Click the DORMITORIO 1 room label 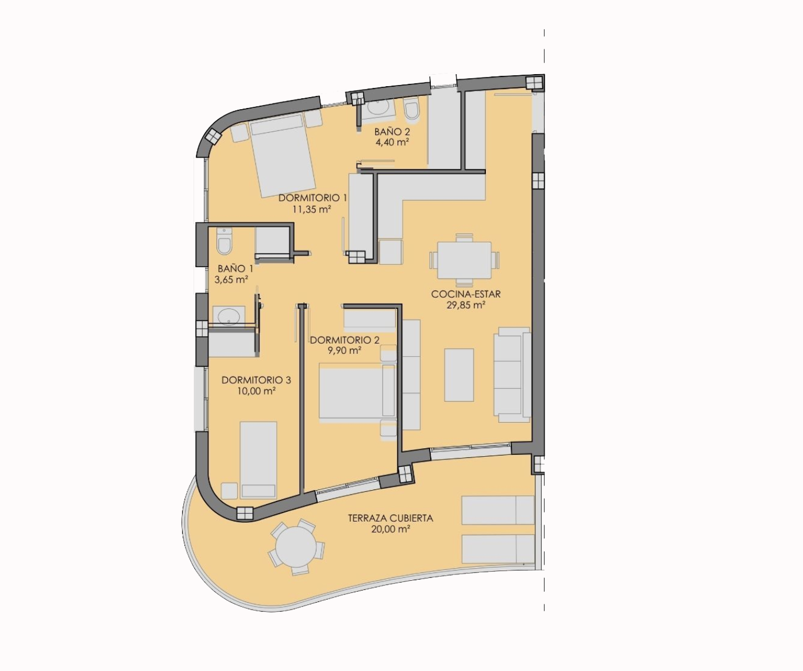tap(312, 198)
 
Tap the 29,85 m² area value tap(465, 305)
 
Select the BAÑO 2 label tap(392, 132)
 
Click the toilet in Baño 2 tap(412, 108)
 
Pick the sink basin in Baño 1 tap(229, 317)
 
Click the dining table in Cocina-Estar tap(464, 260)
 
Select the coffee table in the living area tap(459, 375)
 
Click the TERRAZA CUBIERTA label tap(391, 518)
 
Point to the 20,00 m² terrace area tap(390, 529)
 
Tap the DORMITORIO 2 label tap(345, 340)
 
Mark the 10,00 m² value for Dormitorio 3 tap(257, 391)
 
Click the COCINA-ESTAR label tap(466, 294)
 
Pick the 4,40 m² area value tap(392, 142)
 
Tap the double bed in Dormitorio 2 tap(357, 392)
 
